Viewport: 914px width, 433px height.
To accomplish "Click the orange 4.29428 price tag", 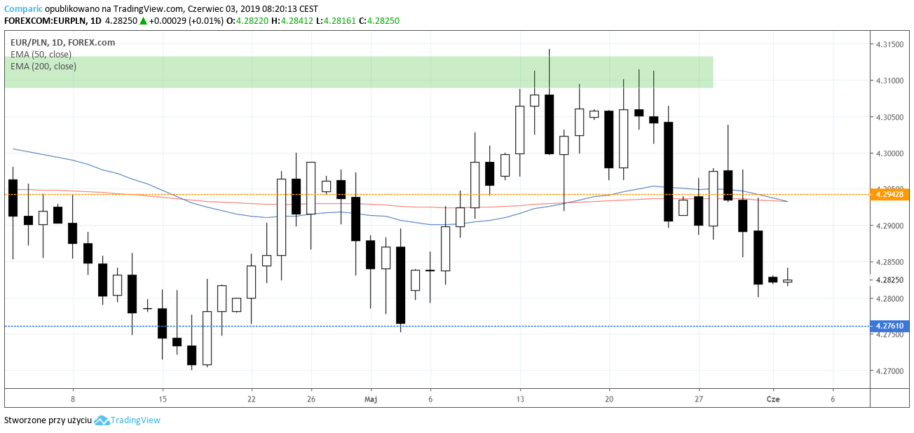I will (x=889, y=194).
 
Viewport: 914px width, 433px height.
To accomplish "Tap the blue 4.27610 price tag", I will (x=889, y=326).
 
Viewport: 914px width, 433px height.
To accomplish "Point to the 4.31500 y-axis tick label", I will (x=889, y=44).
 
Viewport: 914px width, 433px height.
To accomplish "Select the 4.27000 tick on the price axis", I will (x=889, y=371).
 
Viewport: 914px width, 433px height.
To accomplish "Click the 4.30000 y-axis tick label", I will (x=889, y=153).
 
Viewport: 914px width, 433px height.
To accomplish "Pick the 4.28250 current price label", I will (x=889, y=280).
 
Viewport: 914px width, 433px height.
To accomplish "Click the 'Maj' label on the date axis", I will (x=371, y=399).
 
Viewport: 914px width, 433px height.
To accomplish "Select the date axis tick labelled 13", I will (x=519, y=399).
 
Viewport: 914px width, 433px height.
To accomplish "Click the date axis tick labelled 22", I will (x=252, y=399).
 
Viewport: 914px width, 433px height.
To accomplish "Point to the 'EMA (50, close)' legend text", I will (x=41, y=54).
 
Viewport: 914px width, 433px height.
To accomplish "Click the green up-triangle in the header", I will (x=143, y=21).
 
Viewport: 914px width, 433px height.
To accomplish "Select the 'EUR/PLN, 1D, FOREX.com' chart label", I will (x=62, y=42).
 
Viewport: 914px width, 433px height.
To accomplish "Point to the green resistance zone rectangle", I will (x=358, y=72).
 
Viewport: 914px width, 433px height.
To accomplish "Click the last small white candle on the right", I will (x=787, y=281).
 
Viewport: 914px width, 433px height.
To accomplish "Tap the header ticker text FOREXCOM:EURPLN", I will (x=46, y=21).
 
